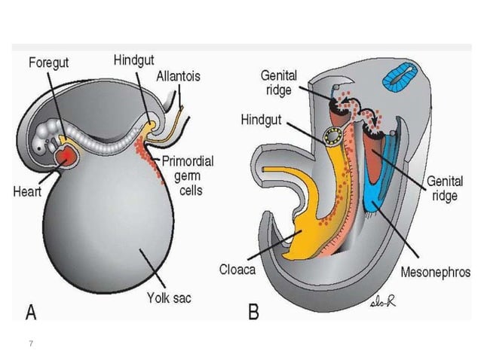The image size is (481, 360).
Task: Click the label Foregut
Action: pos(49,63)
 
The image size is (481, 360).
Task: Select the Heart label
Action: pos(27,191)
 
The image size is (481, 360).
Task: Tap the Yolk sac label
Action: pos(168,298)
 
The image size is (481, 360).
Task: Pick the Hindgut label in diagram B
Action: pos(263,120)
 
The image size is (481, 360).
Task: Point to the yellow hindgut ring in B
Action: pos(332,137)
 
